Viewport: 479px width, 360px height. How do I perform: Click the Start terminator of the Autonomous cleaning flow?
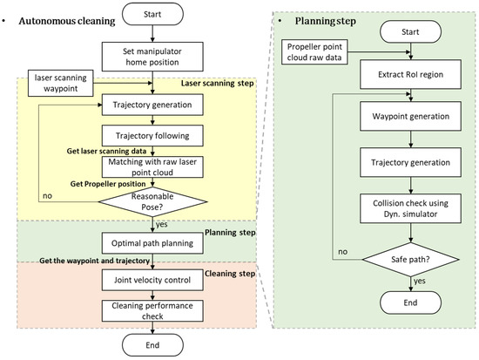(x=154, y=15)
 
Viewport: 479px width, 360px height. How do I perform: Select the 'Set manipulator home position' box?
(x=154, y=55)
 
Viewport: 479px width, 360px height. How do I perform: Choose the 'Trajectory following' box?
(x=154, y=135)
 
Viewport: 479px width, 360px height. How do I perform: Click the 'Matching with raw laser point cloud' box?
(x=154, y=167)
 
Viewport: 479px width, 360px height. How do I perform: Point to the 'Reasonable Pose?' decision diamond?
(x=154, y=202)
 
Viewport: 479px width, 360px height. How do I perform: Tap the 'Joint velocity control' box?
(x=154, y=279)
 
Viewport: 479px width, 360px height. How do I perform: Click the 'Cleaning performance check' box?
(x=154, y=311)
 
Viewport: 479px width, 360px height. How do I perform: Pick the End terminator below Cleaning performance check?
(x=154, y=346)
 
